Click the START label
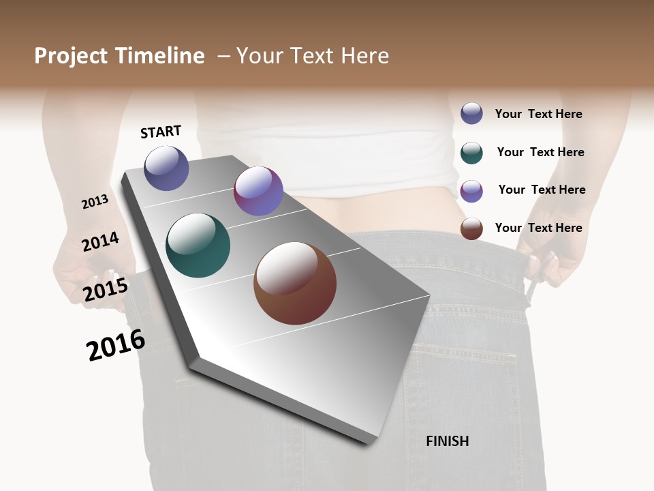(161, 132)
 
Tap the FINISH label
(447, 441)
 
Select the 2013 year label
(95, 202)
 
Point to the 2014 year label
(100, 242)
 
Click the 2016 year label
(116, 345)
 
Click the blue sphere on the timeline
(166, 168)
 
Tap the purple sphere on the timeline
(258, 191)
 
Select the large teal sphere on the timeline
(198, 245)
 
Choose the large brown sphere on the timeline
(295, 283)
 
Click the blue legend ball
(471, 113)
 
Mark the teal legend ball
(471, 153)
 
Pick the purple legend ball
(471, 191)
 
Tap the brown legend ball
(471, 228)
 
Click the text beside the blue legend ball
(538, 114)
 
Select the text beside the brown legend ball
(538, 228)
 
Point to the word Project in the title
(72, 56)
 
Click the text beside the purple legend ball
(542, 190)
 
